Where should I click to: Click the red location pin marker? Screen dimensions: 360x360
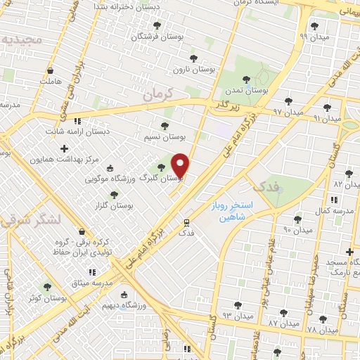pyautogui.click(x=181, y=165)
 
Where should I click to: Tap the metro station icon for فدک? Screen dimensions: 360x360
pyautogui.click(x=186, y=218)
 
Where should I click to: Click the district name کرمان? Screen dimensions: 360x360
pyautogui.click(x=156, y=94)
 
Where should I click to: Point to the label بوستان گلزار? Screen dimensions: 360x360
pyautogui.click(x=114, y=205)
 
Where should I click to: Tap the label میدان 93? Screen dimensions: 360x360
pyautogui.click(x=236, y=315)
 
